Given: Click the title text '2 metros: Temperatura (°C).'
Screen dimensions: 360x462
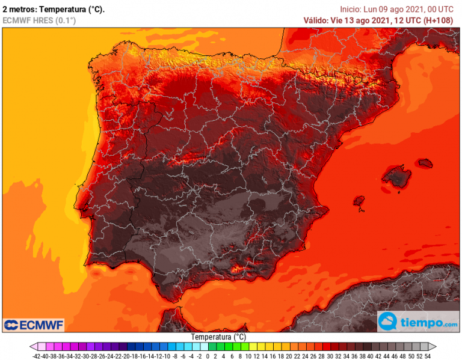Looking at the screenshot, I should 54,9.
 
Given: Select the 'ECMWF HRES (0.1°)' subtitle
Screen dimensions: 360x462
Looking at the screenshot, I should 40,20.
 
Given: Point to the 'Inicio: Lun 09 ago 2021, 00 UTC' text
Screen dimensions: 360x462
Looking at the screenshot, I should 396,9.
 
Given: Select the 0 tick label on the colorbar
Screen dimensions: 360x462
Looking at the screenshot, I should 208,356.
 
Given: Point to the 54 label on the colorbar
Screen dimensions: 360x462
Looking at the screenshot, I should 427,356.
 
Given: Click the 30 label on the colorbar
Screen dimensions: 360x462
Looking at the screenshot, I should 329,356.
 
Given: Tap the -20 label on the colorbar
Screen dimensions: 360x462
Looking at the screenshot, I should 123,356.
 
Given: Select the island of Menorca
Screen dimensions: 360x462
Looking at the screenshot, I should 425,163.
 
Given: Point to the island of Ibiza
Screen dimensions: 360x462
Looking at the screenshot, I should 360,201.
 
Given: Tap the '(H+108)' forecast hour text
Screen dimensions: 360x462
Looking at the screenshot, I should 438,20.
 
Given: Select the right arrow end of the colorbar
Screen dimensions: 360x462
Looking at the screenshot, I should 431,347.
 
